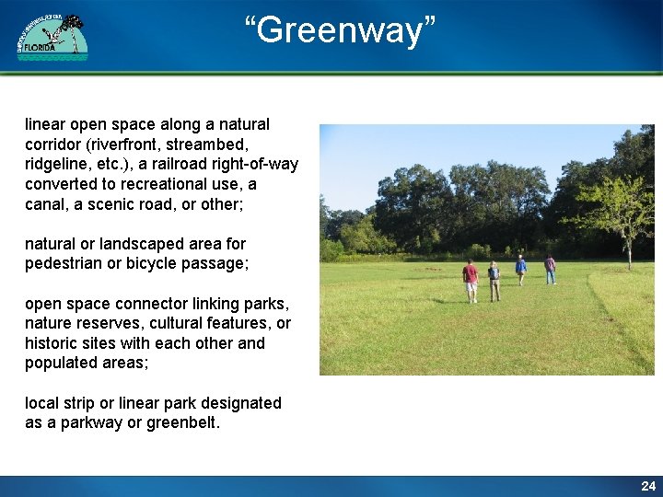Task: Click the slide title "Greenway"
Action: click(x=340, y=29)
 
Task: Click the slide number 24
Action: click(x=648, y=486)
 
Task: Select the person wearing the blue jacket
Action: click(x=521, y=269)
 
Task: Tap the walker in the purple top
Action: click(x=550, y=269)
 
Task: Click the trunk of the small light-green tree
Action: click(x=629, y=250)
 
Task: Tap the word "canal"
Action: click(x=46, y=204)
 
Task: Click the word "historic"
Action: click(x=52, y=343)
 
